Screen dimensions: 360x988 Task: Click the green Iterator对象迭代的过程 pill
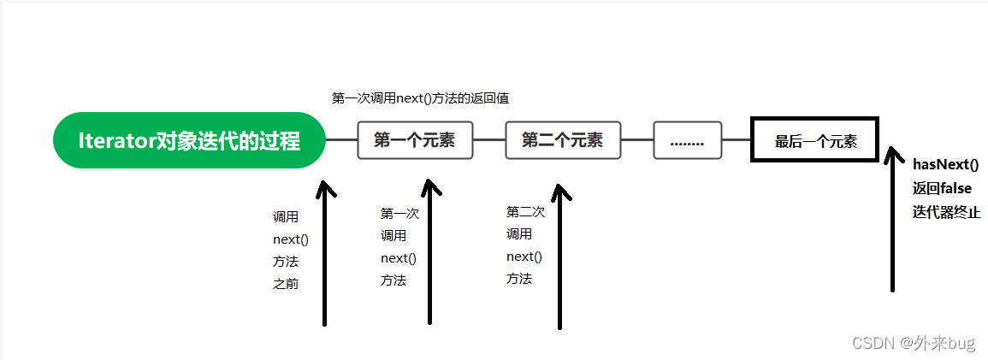[x=189, y=140]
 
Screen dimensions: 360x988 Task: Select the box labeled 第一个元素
[x=415, y=140]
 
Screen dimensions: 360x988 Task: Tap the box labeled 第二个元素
[x=563, y=140]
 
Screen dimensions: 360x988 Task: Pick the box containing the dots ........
[x=688, y=140]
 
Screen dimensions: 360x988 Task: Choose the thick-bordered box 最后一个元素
[x=815, y=141]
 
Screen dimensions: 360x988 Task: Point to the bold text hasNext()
[x=945, y=164]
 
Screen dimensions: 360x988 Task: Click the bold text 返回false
[x=942, y=188]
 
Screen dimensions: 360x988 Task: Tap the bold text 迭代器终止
[x=946, y=212]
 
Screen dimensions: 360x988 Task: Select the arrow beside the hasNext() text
[x=893, y=222]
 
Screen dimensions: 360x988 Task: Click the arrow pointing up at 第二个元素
[x=559, y=257]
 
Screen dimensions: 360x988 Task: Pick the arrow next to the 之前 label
[x=325, y=252]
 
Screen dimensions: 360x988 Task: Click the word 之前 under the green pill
[x=286, y=284]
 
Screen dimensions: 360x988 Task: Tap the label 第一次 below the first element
[x=399, y=214]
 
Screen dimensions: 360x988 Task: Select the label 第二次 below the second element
[x=525, y=211]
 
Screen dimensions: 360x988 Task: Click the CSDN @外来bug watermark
[x=914, y=343]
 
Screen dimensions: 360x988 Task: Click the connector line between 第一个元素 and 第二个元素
[x=490, y=140]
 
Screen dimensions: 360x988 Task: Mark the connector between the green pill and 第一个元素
[x=341, y=140]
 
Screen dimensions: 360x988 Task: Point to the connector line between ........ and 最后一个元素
[x=737, y=140]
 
